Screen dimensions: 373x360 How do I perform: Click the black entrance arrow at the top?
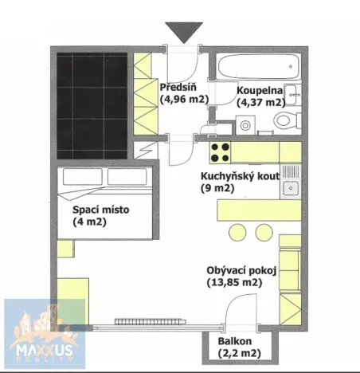pyautogui.click(x=184, y=33)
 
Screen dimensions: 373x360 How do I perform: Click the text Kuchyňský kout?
pyautogui.click(x=239, y=176)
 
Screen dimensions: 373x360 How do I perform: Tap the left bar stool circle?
pyautogui.click(x=237, y=232)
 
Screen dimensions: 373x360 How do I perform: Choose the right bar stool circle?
pyautogui.click(x=264, y=232)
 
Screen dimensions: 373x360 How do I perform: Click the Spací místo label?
pyautogui.click(x=100, y=210)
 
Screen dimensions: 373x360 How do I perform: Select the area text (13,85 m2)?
pyautogui.click(x=233, y=283)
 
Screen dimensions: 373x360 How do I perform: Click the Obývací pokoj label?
pyautogui.click(x=241, y=270)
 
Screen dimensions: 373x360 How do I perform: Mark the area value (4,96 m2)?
pyautogui.click(x=185, y=100)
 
